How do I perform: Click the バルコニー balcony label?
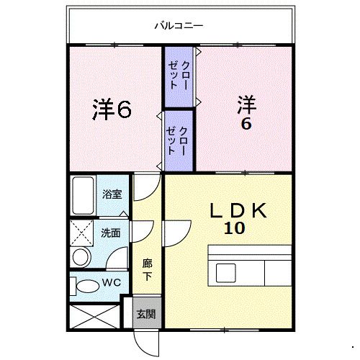point(179,27)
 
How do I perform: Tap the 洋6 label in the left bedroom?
point(112,110)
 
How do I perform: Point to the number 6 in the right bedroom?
point(246,123)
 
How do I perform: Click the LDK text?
point(238,211)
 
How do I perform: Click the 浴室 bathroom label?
point(112,194)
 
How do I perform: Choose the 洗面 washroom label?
point(110,233)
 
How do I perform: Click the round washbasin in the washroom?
point(81,257)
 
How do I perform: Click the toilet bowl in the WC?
point(87,287)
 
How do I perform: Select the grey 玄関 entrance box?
point(146,315)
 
